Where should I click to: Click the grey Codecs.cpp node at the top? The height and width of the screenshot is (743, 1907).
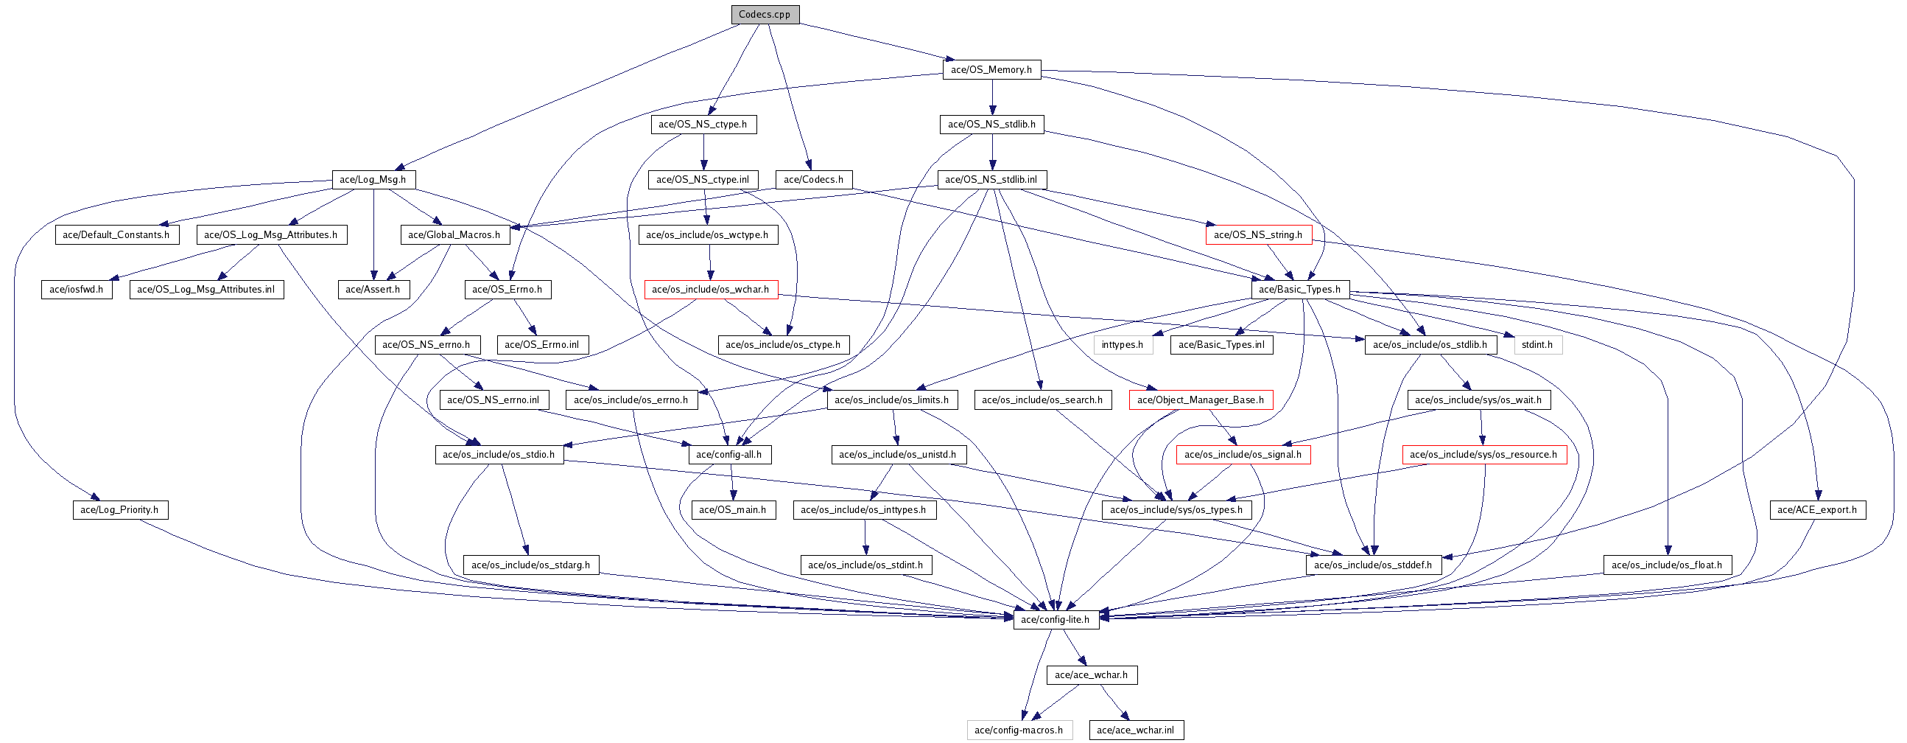point(765,14)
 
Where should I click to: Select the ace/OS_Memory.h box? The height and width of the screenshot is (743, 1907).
point(991,69)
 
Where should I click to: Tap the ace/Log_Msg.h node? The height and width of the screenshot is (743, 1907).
point(373,179)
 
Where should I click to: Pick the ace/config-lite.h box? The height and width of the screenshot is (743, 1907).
point(1056,619)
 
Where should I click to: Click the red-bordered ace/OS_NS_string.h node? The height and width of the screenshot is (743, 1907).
point(1258,235)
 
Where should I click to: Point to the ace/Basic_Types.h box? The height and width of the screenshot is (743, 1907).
point(1300,290)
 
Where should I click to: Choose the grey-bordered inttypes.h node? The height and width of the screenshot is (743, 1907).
point(1123,344)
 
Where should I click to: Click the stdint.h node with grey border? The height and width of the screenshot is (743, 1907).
point(1537,344)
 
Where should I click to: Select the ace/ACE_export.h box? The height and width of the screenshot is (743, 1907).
point(1817,509)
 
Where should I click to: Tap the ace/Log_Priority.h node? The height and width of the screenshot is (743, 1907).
point(120,509)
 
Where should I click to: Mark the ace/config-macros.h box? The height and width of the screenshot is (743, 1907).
point(1019,730)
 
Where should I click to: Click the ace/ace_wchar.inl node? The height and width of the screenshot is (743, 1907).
point(1136,730)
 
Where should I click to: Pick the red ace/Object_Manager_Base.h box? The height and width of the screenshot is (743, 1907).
point(1201,400)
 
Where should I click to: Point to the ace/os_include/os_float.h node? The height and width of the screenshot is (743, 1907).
point(1667,565)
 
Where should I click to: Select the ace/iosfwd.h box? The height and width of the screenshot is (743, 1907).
point(77,290)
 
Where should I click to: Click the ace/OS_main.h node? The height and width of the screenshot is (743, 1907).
point(733,509)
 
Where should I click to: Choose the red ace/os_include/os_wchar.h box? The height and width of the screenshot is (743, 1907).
point(711,290)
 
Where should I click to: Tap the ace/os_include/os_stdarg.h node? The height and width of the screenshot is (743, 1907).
point(531,565)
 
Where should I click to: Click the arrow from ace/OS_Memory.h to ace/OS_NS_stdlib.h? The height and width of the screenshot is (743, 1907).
point(992,97)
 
